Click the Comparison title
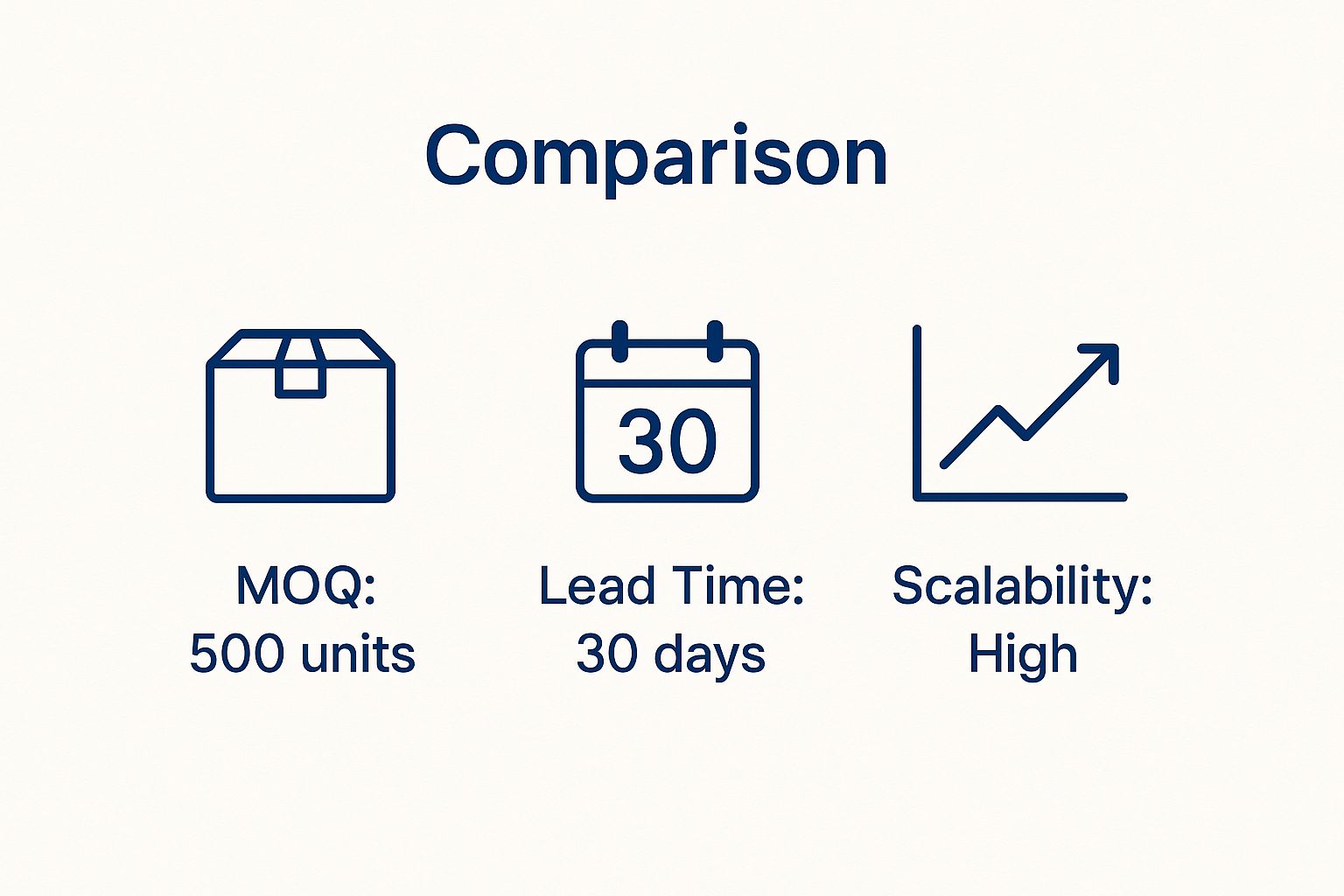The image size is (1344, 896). (656, 157)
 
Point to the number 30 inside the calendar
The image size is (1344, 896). (668, 441)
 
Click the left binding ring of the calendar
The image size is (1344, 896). (619, 341)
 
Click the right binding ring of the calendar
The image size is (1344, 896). (715, 341)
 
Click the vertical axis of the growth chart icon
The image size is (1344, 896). (917, 411)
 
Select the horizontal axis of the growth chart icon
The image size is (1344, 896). (1020, 497)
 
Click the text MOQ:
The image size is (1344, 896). (305, 586)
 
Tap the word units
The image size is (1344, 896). (357, 654)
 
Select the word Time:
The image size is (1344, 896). (742, 586)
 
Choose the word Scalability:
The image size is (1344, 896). (1022, 586)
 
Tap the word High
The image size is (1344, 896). (1022, 654)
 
